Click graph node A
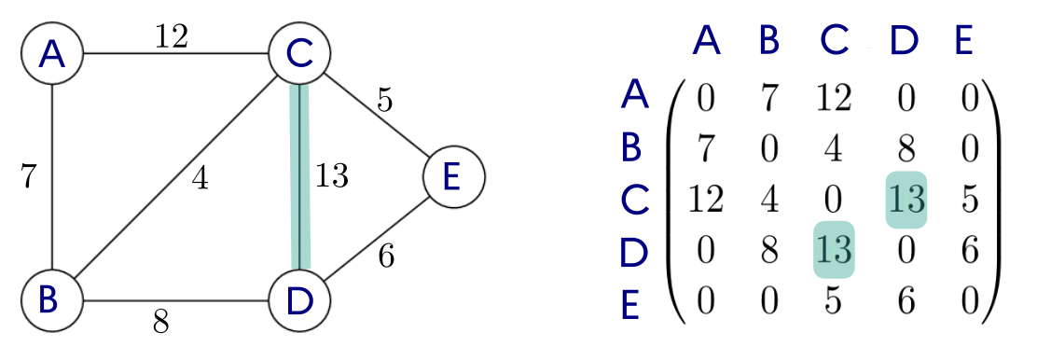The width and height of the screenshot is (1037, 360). tap(52, 55)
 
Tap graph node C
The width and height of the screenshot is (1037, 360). tap(299, 55)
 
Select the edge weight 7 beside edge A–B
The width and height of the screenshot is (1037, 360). tap(28, 176)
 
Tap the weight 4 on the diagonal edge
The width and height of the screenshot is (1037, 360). tap(199, 177)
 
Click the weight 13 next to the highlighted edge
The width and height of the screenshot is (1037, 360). tap(331, 176)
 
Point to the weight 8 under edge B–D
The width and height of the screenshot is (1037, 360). tap(160, 323)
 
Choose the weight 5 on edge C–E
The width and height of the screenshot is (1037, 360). tap(384, 100)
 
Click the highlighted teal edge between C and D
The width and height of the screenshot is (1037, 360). tap(299, 177)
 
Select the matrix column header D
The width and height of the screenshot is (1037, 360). tap(902, 41)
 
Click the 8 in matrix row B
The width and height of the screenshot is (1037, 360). tap(904, 148)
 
